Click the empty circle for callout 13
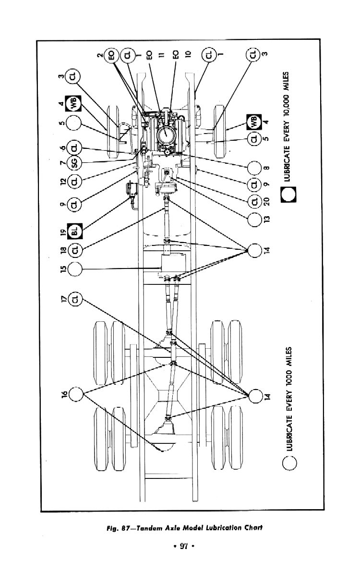254,220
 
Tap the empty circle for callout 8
254,168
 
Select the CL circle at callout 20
254,201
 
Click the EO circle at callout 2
111,56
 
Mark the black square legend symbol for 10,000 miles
288,194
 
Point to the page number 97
183,547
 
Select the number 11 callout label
161,54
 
